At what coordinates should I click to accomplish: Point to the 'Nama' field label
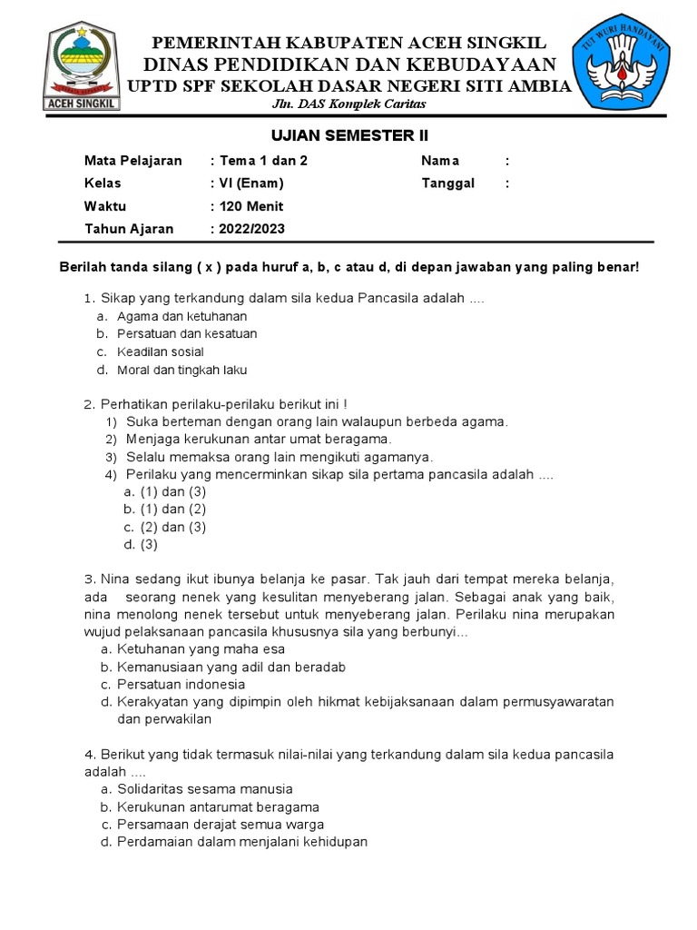click(440, 161)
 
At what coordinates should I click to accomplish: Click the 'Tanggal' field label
click(447, 183)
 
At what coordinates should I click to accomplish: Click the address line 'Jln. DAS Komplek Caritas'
click(349, 104)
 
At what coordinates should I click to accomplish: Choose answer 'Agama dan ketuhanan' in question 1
click(182, 316)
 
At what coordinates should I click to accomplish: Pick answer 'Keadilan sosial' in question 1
click(160, 351)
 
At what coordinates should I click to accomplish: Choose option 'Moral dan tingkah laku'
click(182, 370)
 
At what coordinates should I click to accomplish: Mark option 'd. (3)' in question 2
click(141, 545)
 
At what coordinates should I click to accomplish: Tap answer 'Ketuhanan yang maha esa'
click(200, 649)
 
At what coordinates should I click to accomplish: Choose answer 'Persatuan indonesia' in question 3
click(181, 684)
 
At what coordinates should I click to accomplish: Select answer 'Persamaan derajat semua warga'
click(219, 825)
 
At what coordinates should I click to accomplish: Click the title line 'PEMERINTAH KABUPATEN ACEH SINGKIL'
click(348, 44)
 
